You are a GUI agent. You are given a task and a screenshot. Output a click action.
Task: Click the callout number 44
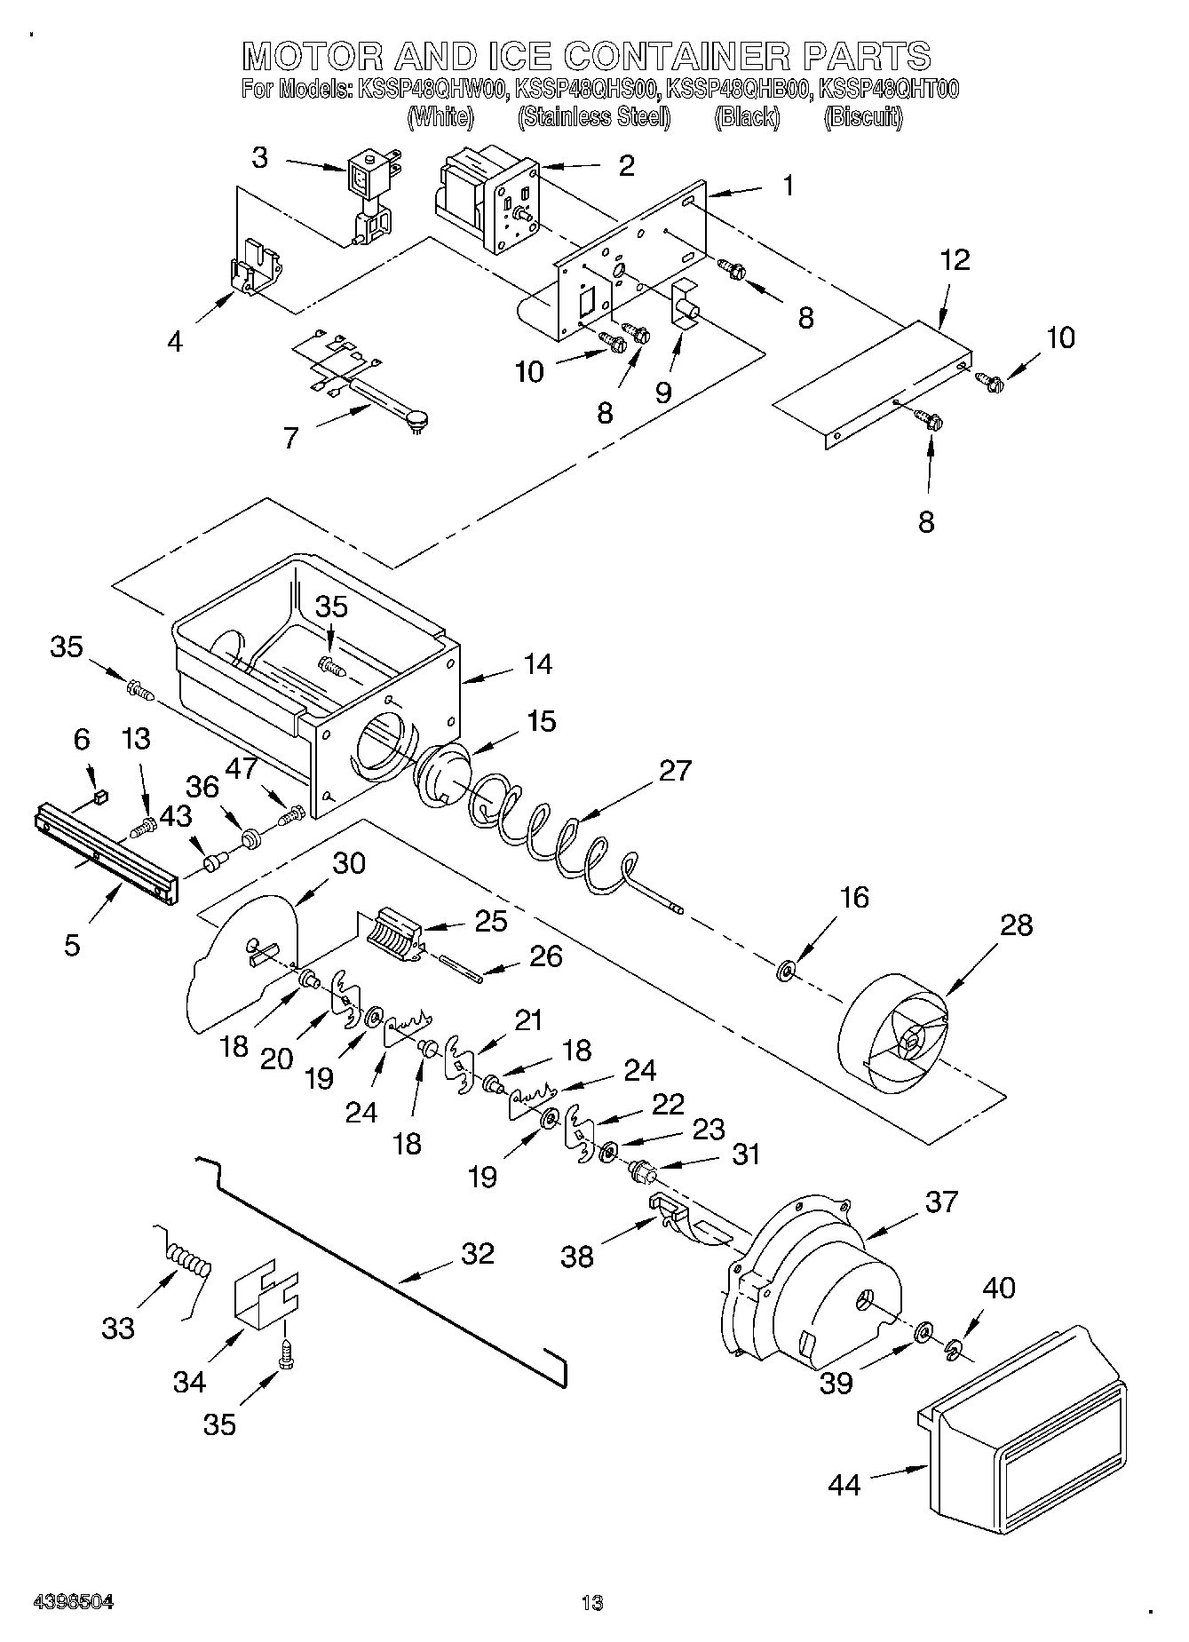click(x=844, y=1484)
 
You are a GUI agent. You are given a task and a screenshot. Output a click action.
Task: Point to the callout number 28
click(x=1017, y=925)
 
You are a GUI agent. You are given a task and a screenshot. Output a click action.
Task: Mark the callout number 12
click(x=955, y=260)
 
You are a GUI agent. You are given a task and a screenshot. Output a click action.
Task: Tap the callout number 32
click(x=477, y=1254)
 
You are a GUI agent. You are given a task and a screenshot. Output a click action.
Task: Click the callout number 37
click(x=941, y=1202)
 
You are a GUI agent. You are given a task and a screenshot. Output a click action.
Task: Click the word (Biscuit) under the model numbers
click(x=863, y=117)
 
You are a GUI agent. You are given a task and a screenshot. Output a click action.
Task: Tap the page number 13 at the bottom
click(x=592, y=1603)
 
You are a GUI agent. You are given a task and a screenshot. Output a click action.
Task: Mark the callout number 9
click(x=664, y=392)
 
